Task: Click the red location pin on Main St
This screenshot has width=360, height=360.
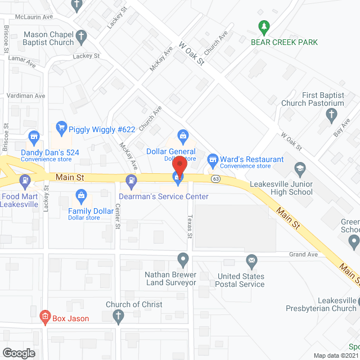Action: click(179, 167)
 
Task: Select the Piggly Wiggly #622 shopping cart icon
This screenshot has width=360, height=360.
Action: click(61, 129)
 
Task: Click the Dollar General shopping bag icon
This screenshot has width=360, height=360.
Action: click(183, 136)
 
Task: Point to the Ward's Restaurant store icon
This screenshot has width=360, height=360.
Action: click(213, 160)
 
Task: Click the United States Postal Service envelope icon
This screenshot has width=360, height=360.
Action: click(251, 260)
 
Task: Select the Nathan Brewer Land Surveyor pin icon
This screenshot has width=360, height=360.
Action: click(182, 260)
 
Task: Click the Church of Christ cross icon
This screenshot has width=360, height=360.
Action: click(118, 318)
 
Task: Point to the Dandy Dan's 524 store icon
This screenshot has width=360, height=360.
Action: click(34, 137)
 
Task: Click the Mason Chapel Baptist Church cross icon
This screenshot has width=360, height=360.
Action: click(82, 38)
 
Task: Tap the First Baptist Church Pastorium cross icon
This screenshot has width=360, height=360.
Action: click(331, 116)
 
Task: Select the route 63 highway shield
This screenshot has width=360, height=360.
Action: click(215, 179)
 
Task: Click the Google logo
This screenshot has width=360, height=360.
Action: click(18, 353)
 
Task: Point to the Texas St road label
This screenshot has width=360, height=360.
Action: click(190, 227)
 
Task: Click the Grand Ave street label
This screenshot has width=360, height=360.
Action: click(304, 255)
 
